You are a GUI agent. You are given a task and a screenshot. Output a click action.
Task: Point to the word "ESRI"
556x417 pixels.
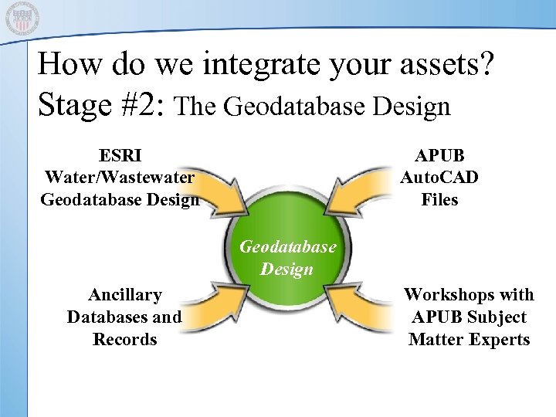[x=120, y=154]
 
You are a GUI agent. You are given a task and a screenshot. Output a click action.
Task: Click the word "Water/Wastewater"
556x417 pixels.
[x=120, y=177]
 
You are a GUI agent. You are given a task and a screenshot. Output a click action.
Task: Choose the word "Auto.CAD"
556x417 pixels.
[x=439, y=177]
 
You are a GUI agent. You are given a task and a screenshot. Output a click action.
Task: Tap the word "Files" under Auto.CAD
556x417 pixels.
[x=439, y=199]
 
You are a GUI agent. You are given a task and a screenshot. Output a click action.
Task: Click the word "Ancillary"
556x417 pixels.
[x=124, y=294]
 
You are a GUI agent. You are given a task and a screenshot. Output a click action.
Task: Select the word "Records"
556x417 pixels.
[x=124, y=339]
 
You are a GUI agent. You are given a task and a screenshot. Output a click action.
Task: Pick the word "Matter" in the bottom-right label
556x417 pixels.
[x=434, y=339]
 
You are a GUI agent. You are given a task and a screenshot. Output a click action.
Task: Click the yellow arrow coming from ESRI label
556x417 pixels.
[x=219, y=197]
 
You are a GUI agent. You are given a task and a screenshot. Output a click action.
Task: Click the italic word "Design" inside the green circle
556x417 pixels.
[x=286, y=269]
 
